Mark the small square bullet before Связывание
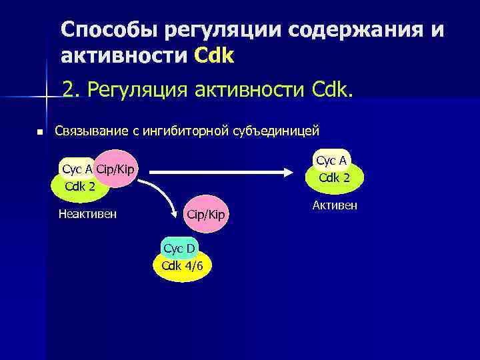click(40, 132)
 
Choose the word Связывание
click(86, 130)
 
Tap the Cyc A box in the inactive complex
click(77, 169)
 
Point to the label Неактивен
click(87, 214)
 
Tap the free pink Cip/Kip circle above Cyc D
click(207, 214)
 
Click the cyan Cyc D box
click(179, 249)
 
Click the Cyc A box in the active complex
click(331, 161)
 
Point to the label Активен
click(335, 205)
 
